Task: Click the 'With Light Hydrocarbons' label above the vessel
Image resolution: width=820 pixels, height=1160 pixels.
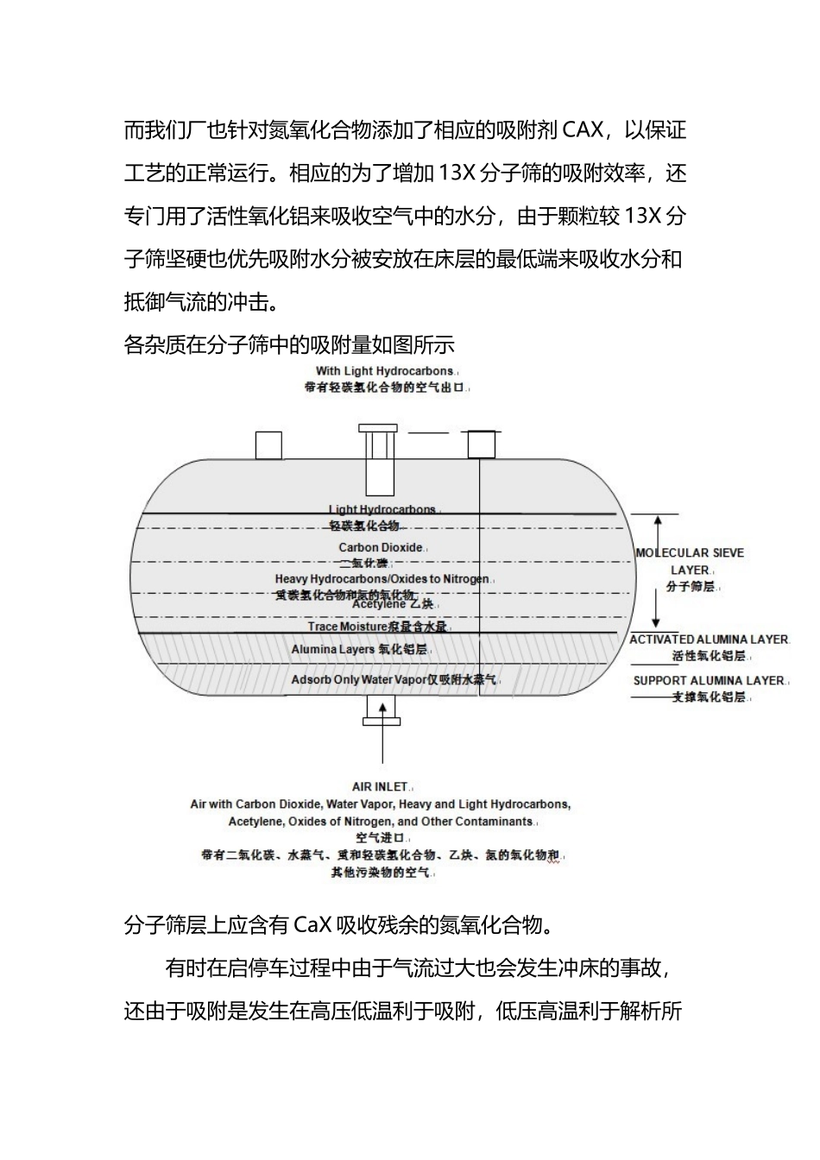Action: (384, 371)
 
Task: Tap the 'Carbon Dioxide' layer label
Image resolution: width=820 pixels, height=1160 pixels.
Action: (381, 547)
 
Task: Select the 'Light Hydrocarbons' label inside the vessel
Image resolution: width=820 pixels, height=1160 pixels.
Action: (382, 510)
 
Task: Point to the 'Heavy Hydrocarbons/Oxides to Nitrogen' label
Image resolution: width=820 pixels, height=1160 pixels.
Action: (382, 579)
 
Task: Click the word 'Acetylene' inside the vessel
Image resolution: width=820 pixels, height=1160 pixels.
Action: (378, 604)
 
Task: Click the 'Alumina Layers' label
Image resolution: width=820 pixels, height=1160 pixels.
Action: (333, 649)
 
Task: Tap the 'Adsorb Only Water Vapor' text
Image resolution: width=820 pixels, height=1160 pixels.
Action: (358, 679)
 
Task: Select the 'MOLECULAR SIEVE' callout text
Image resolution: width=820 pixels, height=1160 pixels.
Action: (689, 552)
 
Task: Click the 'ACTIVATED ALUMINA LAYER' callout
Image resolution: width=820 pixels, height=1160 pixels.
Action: (709, 640)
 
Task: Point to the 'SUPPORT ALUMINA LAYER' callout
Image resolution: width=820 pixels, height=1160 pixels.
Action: (709, 680)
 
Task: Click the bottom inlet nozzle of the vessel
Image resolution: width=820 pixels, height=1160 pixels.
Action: (381, 709)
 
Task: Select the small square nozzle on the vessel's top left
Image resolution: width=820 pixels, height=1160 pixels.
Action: (269, 445)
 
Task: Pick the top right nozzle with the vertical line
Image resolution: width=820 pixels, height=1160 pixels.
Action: (481, 444)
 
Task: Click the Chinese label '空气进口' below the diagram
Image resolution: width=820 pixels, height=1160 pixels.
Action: (380, 838)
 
